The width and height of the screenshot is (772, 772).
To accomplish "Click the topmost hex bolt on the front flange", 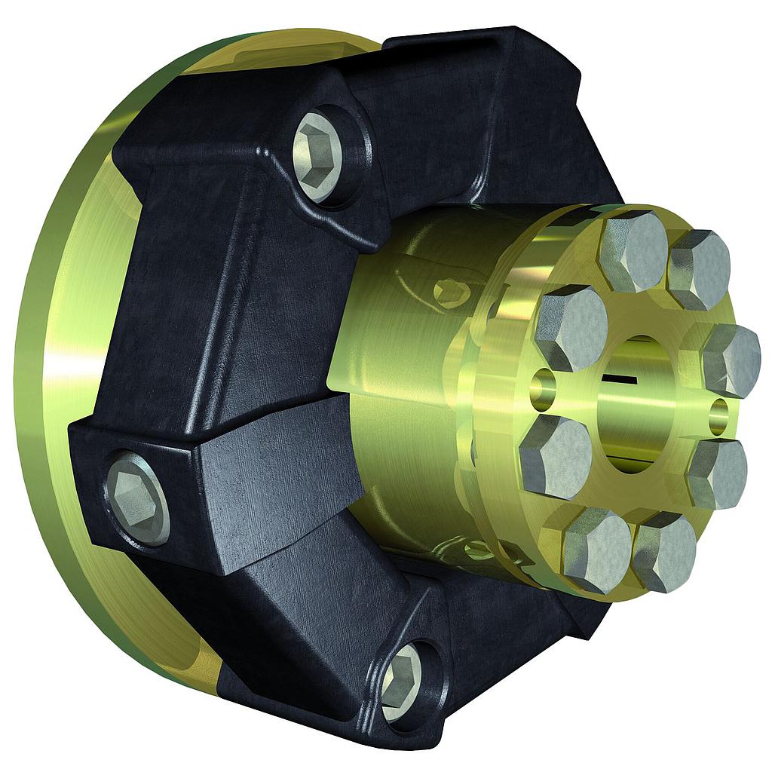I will (633, 251).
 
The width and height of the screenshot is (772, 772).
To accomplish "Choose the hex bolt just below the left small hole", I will (556, 456).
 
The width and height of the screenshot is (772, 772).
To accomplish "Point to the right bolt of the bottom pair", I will (664, 553).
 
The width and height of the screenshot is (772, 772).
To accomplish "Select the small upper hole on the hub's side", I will (449, 291).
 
